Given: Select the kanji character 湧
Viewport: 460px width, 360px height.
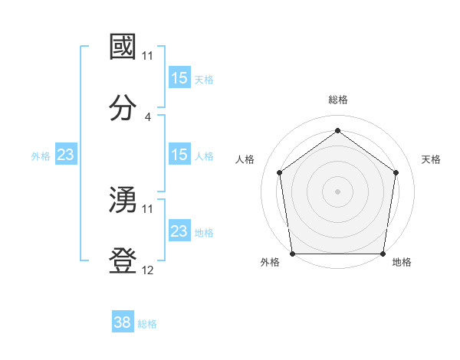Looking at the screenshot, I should coord(123,199).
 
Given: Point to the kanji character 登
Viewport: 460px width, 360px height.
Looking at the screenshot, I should coord(123,260).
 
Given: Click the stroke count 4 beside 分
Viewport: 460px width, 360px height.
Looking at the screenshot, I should coord(148,117).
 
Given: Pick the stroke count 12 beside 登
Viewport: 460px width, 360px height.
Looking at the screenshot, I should coord(148,271).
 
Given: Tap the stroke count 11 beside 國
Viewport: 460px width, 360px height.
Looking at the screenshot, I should coord(148,56).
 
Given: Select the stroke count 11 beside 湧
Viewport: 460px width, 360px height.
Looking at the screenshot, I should coord(148,209).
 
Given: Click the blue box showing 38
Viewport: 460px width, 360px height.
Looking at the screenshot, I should coord(123,322).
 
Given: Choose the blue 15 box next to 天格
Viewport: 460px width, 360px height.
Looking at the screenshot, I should coord(179,78).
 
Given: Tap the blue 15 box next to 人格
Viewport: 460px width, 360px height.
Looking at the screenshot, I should coord(179,155).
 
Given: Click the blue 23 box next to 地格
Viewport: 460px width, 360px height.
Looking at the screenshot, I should coord(179,231).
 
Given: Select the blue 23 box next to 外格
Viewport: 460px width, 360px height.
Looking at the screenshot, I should coord(66,155).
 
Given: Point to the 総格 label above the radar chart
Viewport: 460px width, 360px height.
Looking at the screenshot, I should coord(338,100).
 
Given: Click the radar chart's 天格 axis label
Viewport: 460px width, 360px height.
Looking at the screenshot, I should coord(431,159).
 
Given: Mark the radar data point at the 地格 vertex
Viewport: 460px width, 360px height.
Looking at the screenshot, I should coord(383,254).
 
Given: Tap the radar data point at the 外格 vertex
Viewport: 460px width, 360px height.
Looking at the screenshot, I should coord(293,254).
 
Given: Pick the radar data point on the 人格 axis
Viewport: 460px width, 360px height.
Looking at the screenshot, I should coord(279,172).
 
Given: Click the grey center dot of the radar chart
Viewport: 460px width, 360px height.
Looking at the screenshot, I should coord(337,191).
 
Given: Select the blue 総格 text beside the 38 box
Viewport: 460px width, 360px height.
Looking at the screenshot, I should coord(147,324).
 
